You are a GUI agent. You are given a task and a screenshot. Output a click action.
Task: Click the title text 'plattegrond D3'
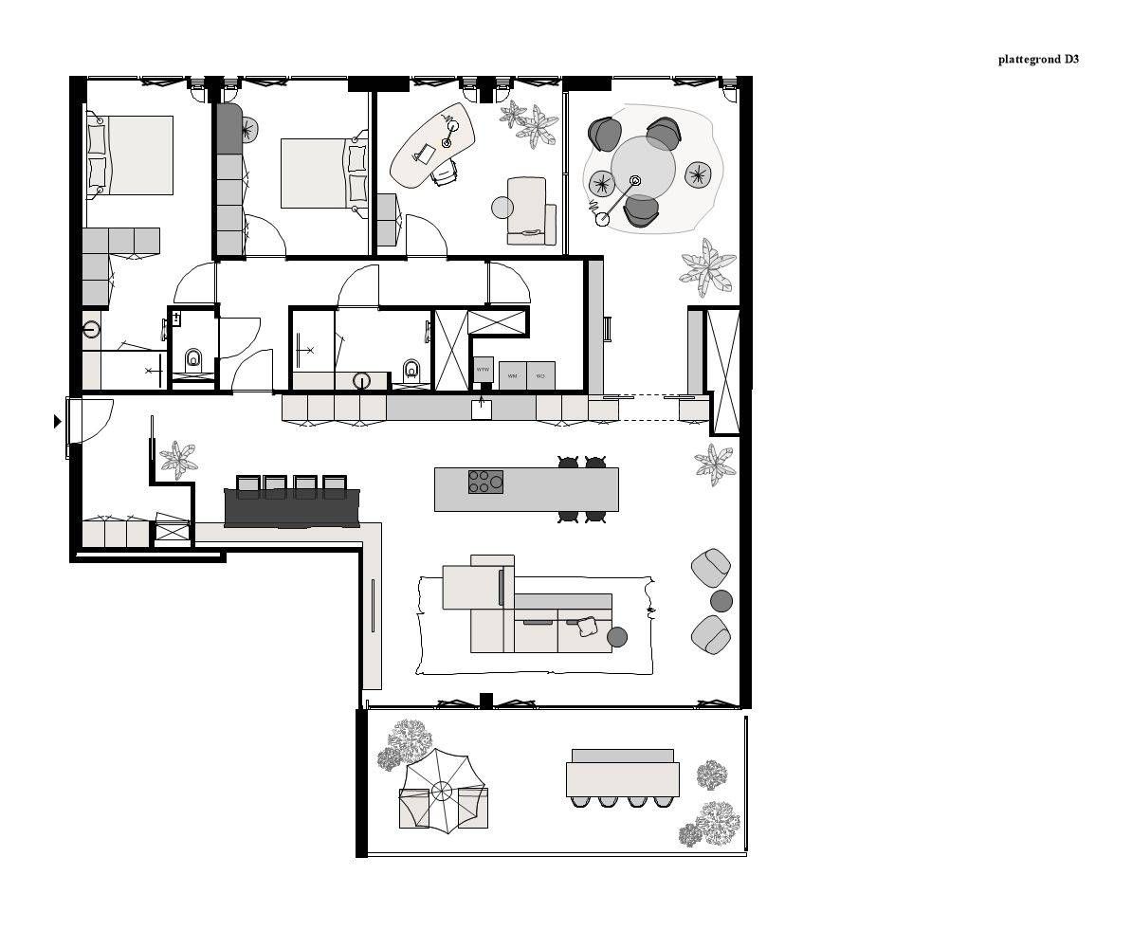pyautogui.click(x=1038, y=59)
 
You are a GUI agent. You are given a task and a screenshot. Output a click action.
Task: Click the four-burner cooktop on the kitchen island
pyautogui.click(x=485, y=482)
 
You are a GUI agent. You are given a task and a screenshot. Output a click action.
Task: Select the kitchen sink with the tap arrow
pyautogui.click(x=482, y=409)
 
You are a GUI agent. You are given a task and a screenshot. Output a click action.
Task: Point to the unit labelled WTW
pyautogui.click(x=483, y=370)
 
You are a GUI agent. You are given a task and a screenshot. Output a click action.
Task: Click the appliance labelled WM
pyautogui.click(x=512, y=375)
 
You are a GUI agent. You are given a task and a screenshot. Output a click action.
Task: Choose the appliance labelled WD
pyautogui.click(x=540, y=375)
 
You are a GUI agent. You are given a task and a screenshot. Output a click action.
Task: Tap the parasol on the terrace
pyautogui.click(x=442, y=790)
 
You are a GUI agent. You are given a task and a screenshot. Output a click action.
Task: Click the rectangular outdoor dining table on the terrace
pyautogui.click(x=623, y=779)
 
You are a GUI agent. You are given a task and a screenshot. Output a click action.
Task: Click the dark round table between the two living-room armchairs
pyautogui.click(x=721, y=601)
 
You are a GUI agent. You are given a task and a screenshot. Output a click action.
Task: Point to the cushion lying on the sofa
pyautogui.click(x=587, y=626)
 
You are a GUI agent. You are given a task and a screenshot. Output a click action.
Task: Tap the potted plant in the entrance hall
pyautogui.click(x=178, y=460)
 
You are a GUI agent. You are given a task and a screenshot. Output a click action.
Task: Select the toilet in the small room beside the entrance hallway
pyautogui.click(x=193, y=359)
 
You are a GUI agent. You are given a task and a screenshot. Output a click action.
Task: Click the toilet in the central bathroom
pyautogui.click(x=411, y=369)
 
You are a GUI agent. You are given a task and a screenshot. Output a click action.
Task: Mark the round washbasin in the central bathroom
pyautogui.click(x=361, y=380)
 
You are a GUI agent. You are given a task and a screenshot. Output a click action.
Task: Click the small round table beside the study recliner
pyautogui.click(x=502, y=207)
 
